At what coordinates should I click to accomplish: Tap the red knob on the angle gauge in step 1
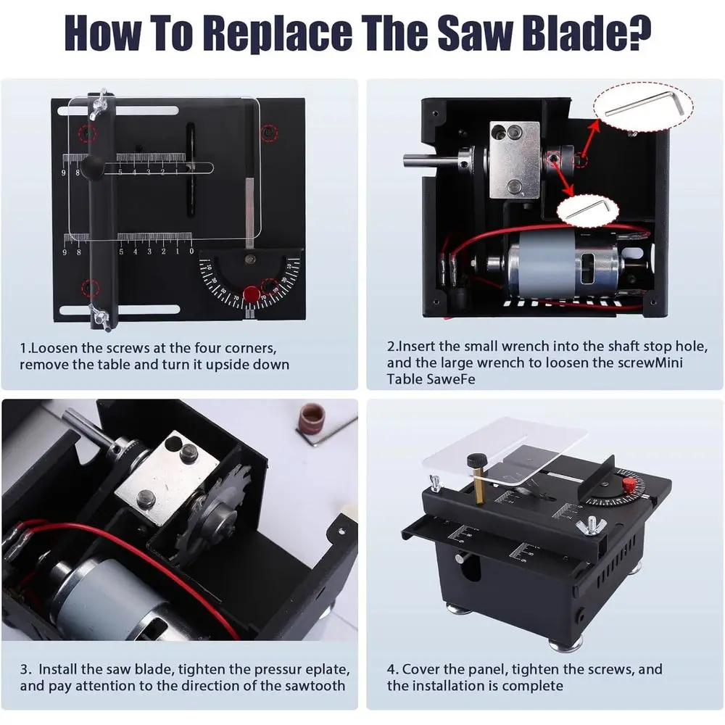(251, 294)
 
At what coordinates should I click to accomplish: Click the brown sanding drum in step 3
(312, 415)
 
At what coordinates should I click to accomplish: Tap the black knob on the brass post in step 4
(476, 460)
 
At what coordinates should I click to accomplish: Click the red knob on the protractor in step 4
(629, 485)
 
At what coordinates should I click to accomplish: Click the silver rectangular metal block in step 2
(515, 160)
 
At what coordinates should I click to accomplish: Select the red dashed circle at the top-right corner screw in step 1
(269, 133)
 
